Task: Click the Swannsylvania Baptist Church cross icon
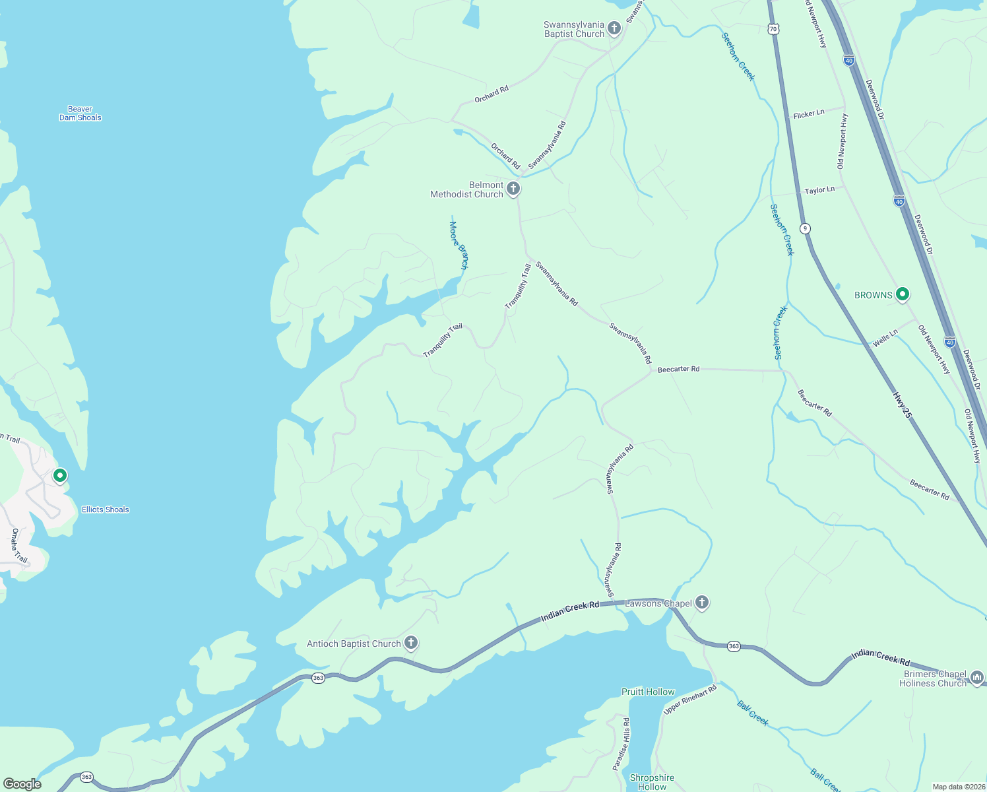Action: (614, 28)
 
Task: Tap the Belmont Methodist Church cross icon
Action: (513, 189)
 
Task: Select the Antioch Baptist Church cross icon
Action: (411, 643)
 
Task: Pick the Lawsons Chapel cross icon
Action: (702, 602)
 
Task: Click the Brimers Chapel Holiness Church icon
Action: (976, 677)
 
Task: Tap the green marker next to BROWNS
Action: (903, 294)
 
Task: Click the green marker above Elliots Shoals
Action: (60, 475)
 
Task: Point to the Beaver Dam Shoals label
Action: (80, 114)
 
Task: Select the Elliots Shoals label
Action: (106, 510)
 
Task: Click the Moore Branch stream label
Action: (459, 245)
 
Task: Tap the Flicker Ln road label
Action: (809, 114)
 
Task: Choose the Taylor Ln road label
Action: (819, 190)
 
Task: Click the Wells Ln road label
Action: (885, 339)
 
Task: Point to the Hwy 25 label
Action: (902, 405)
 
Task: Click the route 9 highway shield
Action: (805, 228)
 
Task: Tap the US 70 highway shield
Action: (773, 28)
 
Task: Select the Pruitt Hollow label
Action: (648, 692)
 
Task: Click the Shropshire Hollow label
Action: (652, 782)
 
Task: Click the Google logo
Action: (22, 784)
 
